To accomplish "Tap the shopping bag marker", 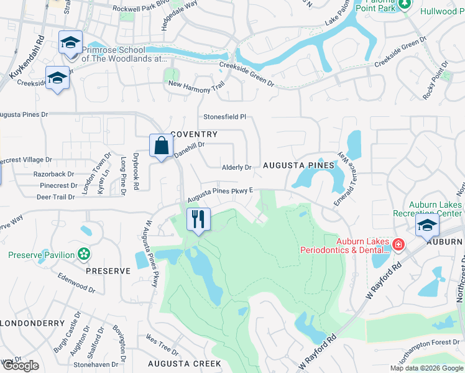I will coord(161,146).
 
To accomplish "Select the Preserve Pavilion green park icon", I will coord(84,254).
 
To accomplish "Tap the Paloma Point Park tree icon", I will coord(405,4).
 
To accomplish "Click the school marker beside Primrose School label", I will coord(70,43).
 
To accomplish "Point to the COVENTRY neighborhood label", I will coord(194,134).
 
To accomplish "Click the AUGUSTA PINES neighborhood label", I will coord(298,166).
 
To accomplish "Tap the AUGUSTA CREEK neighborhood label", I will coord(184,363).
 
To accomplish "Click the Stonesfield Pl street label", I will coord(225,117).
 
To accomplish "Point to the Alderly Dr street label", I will coord(237,167).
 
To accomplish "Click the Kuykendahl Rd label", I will coord(27,57).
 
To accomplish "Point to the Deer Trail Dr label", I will coord(55,196).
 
